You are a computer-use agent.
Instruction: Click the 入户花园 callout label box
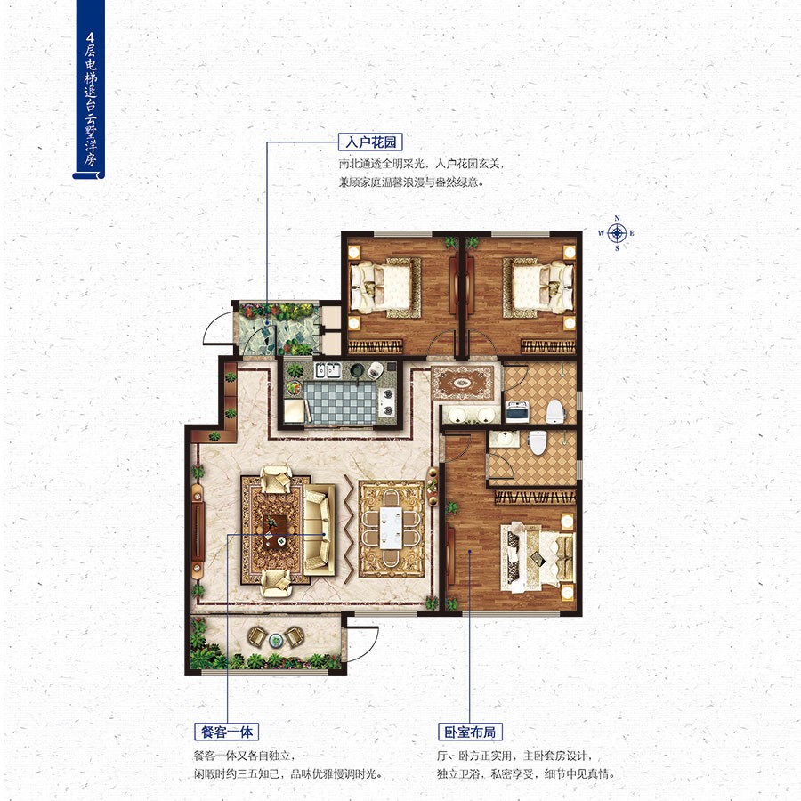click(x=370, y=142)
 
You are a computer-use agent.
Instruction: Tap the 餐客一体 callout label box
click(x=227, y=732)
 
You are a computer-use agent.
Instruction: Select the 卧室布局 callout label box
click(x=470, y=732)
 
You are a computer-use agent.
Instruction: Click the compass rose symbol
click(x=617, y=233)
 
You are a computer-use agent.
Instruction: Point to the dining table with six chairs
click(x=392, y=528)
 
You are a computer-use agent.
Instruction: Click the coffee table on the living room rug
click(x=276, y=530)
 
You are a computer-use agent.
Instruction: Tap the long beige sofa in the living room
click(x=318, y=530)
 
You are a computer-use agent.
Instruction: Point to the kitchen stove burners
click(x=387, y=401)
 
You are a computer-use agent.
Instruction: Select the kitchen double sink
click(x=328, y=370)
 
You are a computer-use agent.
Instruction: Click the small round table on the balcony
click(x=276, y=640)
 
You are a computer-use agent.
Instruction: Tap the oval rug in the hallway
click(x=463, y=382)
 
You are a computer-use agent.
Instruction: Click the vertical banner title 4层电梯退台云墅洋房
click(x=90, y=98)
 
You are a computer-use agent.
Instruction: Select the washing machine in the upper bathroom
click(x=516, y=411)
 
